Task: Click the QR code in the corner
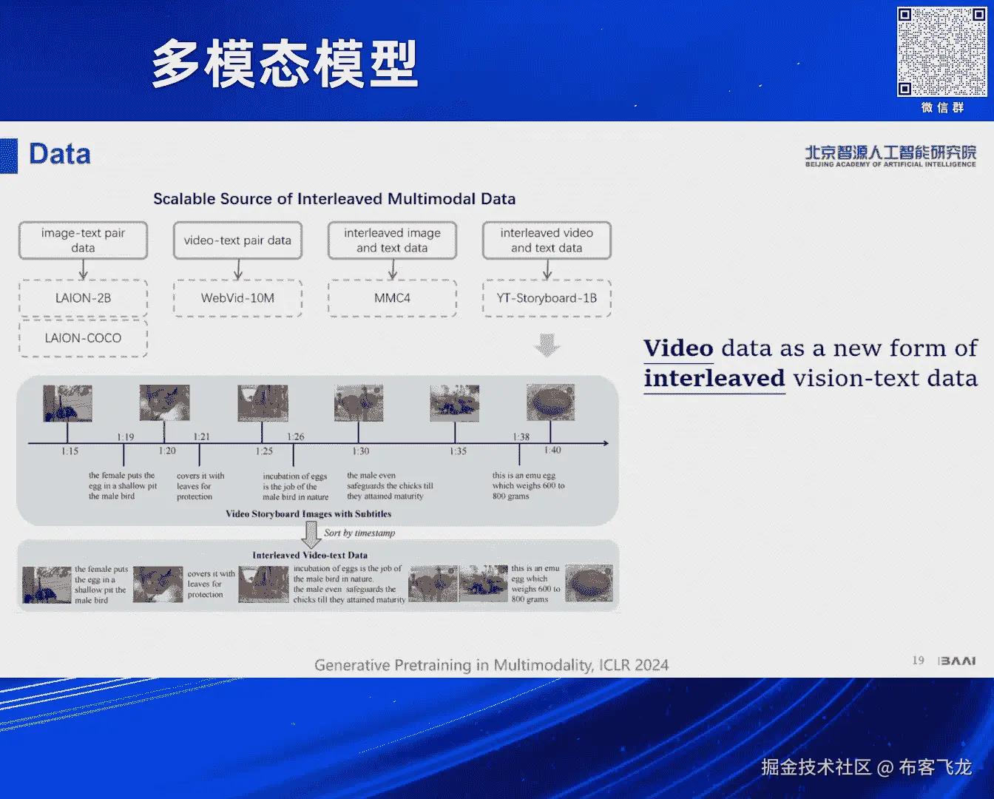pos(941,52)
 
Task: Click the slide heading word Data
pos(60,154)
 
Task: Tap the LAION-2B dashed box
pos(83,298)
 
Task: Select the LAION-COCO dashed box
pos(83,338)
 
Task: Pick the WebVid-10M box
pos(237,298)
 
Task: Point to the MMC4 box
pos(392,298)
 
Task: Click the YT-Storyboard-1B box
pos(547,298)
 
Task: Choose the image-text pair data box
pos(83,240)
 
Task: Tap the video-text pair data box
pos(237,240)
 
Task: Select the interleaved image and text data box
pos(392,240)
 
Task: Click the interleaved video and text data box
pos(547,240)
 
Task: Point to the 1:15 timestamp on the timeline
pos(70,451)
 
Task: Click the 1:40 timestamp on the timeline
pos(552,450)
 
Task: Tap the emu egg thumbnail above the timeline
pos(550,403)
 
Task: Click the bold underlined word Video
pos(678,348)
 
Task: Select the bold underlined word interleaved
pos(714,379)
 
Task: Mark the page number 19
pos(918,660)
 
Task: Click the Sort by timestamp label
pos(359,533)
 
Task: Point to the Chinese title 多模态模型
pos(285,64)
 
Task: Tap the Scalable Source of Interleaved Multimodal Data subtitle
pos(334,199)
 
